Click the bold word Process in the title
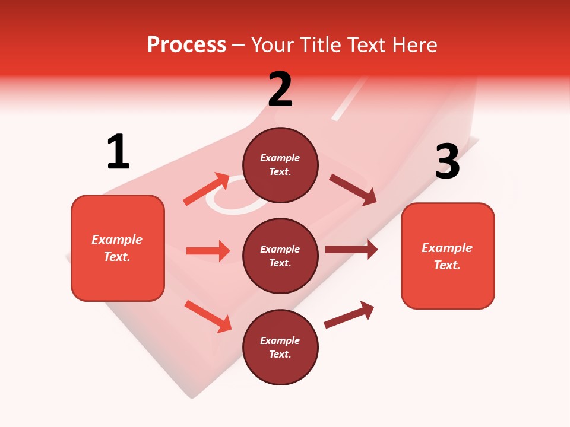point(186,44)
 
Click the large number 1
point(118,152)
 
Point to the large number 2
point(280,90)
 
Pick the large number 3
point(447,161)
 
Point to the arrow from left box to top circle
point(206,189)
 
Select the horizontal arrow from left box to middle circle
point(208,251)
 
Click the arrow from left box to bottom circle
point(208,316)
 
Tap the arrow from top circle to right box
point(353,190)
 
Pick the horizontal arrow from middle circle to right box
point(351,250)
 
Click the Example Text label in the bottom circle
point(280,348)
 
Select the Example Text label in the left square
point(118,248)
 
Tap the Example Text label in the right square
point(447,256)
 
